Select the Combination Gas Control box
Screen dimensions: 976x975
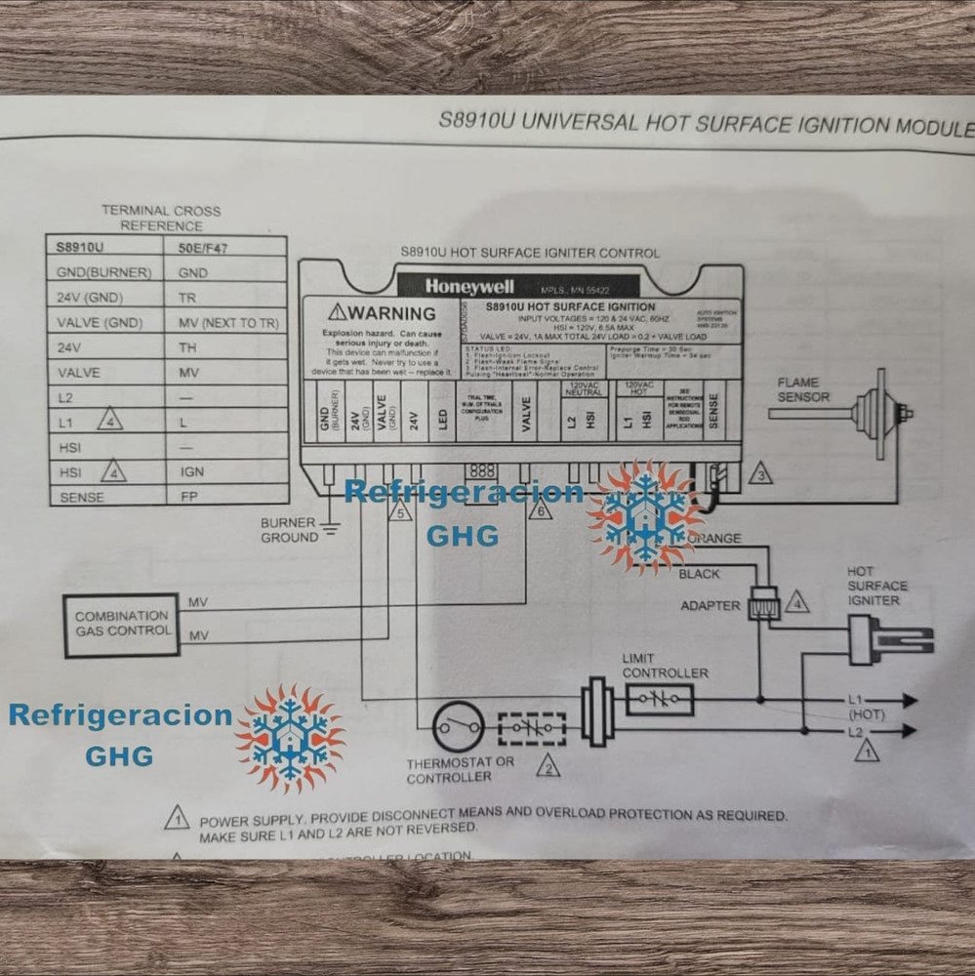[122, 624]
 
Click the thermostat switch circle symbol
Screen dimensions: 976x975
[459, 728]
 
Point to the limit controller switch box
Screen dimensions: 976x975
[659, 699]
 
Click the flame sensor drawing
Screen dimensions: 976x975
[869, 413]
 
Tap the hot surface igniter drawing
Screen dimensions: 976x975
[883, 639]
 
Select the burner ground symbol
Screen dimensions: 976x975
[330, 530]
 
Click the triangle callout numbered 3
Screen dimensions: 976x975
[759, 474]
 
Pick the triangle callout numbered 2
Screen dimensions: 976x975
[550, 766]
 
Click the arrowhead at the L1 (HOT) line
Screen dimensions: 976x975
[909, 700]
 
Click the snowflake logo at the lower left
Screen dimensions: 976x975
[290, 738]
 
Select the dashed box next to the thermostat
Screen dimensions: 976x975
[532, 728]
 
